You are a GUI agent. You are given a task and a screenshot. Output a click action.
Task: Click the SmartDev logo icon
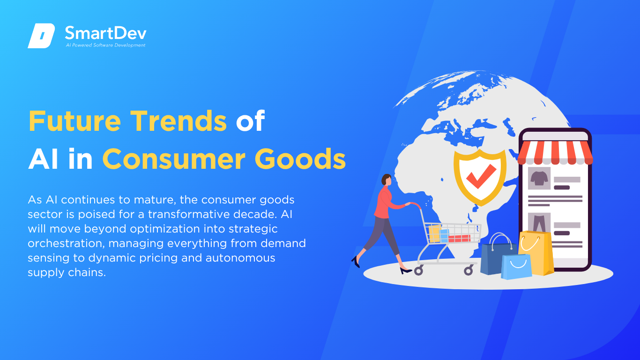click(x=41, y=36)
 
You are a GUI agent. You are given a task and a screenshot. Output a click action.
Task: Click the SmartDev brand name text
click(x=106, y=33)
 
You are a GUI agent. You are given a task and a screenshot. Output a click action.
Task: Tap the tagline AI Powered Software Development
click(x=105, y=45)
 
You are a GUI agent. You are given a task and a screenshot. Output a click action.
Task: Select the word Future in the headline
click(x=75, y=121)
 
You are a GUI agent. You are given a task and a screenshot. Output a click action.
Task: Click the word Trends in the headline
click(x=179, y=121)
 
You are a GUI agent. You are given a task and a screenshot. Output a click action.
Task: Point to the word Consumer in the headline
click(x=174, y=159)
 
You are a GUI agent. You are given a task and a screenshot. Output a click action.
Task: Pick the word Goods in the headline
click(x=300, y=159)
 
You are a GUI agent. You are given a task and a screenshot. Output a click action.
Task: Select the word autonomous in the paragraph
click(x=240, y=258)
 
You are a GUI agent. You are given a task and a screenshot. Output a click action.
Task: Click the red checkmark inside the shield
click(x=481, y=176)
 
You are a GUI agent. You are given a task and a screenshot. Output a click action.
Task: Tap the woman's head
click(x=387, y=180)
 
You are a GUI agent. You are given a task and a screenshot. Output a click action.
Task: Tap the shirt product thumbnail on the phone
click(x=539, y=179)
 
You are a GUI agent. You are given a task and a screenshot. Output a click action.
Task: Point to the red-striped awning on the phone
click(x=555, y=153)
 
